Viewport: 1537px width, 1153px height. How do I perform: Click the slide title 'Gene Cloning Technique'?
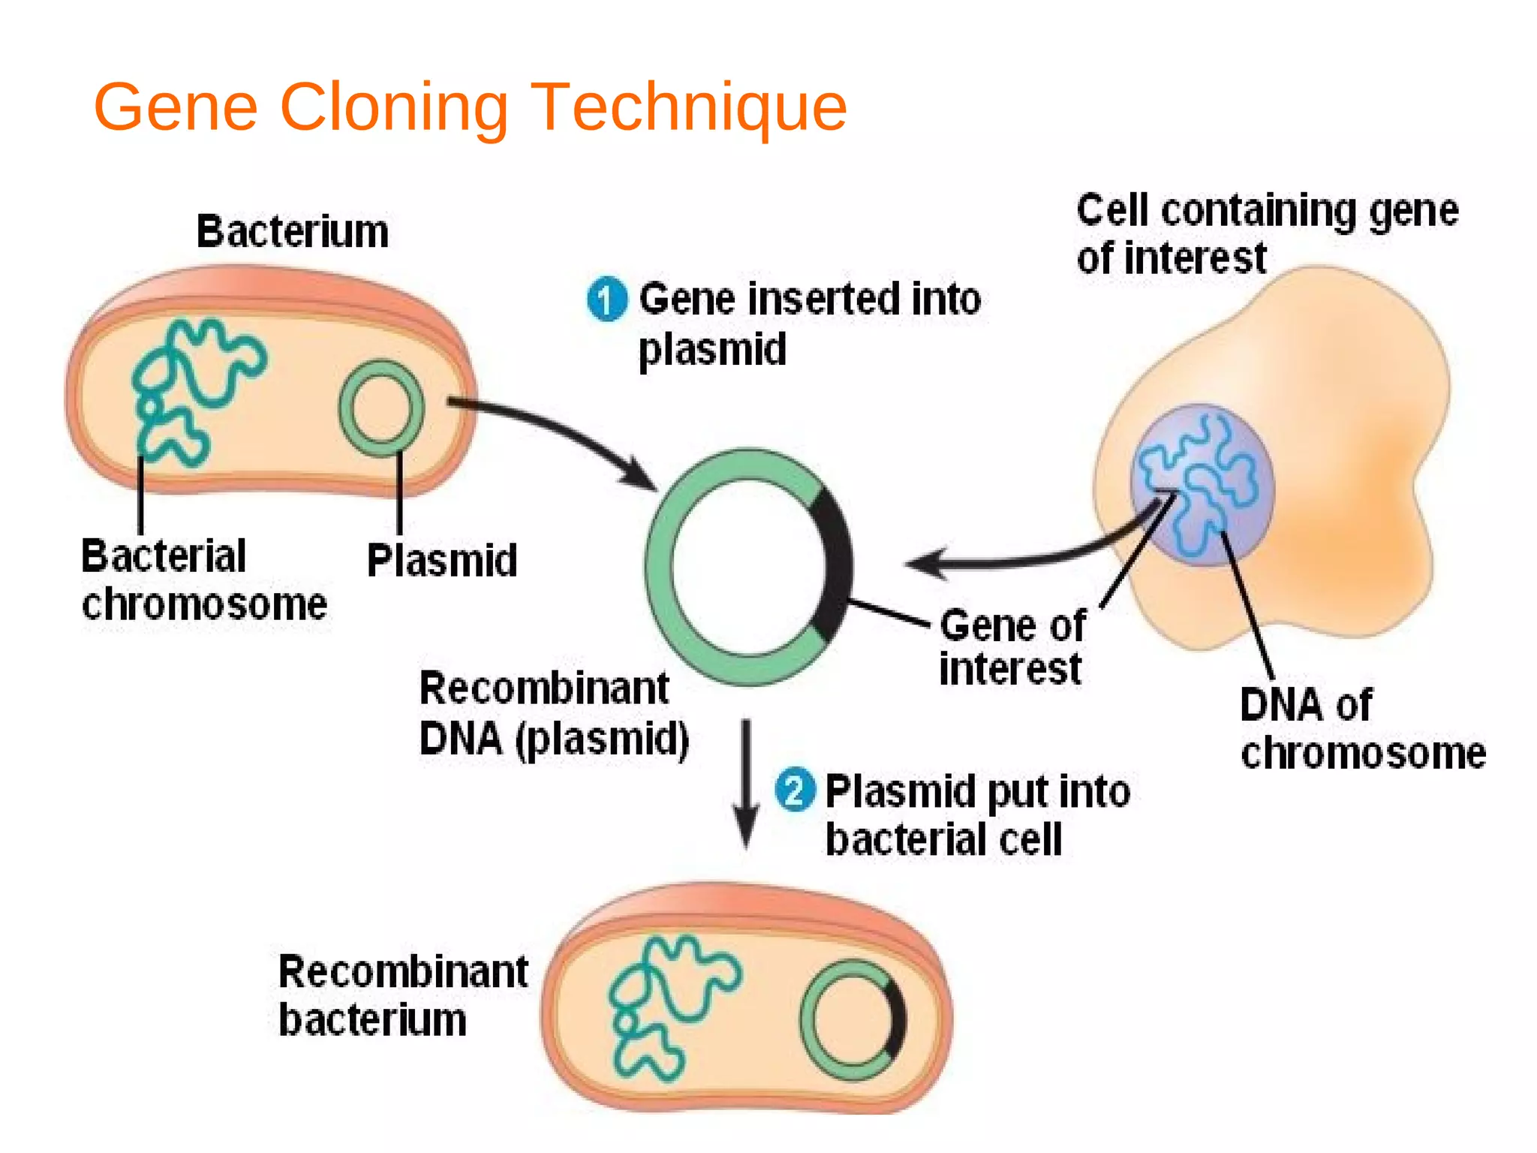click(471, 108)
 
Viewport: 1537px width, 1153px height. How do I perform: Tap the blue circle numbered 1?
click(606, 299)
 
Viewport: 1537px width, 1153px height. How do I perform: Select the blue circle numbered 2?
click(795, 790)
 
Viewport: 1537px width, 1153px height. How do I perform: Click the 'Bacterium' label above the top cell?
click(293, 231)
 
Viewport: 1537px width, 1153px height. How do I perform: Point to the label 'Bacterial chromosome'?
click(204, 580)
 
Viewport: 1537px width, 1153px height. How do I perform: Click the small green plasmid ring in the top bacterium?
click(342, 408)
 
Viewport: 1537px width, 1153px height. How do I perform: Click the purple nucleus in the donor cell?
click(1202, 484)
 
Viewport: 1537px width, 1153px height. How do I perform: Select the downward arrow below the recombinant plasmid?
click(746, 784)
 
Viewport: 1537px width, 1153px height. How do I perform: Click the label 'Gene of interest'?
click(1012, 647)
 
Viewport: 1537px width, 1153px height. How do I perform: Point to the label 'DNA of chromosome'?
click(1363, 728)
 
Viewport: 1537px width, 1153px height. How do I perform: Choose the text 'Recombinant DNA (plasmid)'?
click(554, 715)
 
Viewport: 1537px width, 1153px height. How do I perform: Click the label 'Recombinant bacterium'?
click(403, 995)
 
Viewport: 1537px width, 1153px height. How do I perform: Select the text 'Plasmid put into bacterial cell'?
click(978, 815)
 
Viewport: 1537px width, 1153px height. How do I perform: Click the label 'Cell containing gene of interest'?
click(1268, 233)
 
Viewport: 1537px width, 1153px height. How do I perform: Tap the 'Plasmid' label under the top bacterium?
click(442, 560)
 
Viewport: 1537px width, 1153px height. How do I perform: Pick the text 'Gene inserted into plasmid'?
click(810, 324)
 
